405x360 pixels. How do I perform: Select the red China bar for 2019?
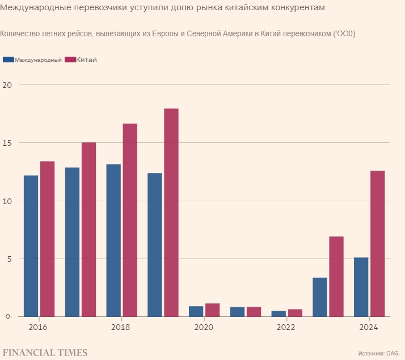coord(171,212)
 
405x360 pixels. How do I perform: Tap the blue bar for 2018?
coord(113,240)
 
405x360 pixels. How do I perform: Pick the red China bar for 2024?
coord(377,243)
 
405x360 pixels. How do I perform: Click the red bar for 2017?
coord(88,229)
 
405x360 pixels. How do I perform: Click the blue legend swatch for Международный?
coord(8,60)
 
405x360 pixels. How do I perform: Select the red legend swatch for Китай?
coord(70,60)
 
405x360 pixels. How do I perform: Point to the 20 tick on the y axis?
coord(7,85)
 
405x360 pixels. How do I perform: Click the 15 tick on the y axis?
coord(7,143)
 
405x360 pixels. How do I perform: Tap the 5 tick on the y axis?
coord(9,259)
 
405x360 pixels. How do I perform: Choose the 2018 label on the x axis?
coord(121,328)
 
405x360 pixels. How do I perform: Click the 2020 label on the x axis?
coord(203,328)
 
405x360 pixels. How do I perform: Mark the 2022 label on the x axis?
coord(286,328)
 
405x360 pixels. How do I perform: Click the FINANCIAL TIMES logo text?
coord(45,353)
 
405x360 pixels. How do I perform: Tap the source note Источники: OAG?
coord(379,353)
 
